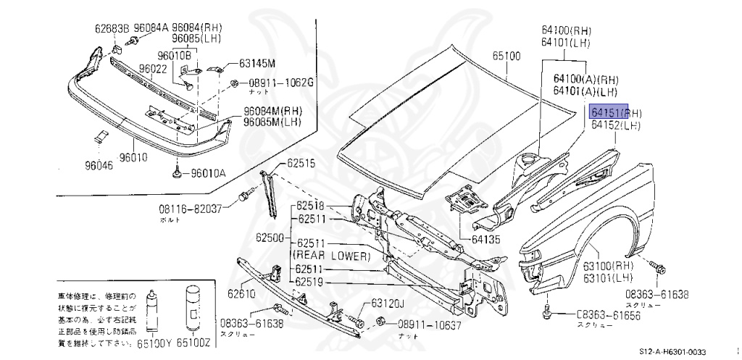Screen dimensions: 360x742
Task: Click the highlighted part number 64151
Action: pyautogui.click(x=607, y=113)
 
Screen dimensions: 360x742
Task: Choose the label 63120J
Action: pyautogui.click(x=388, y=304)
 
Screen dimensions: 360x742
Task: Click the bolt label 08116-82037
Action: pyautogui.click(x=191, y=209)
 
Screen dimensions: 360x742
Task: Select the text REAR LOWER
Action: pyautogui.click(x=331, y=256)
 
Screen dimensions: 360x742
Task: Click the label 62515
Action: pyautogui.click(x=300, y=163)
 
